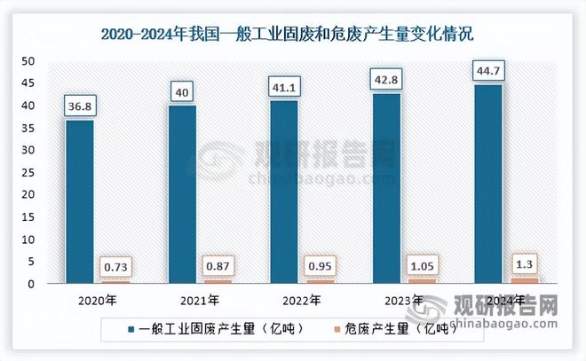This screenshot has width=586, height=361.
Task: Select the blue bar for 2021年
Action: [x=182, y=195]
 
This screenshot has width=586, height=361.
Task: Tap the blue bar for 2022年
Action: [x=284, y=192]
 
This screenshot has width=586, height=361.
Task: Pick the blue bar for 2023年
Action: [x=386, y=189]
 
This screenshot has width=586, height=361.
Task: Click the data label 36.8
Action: [x=80, y=106]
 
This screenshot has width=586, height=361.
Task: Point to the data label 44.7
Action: [x=487, y=71]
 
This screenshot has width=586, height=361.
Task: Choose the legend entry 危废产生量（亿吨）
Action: [x=397, y=328]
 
